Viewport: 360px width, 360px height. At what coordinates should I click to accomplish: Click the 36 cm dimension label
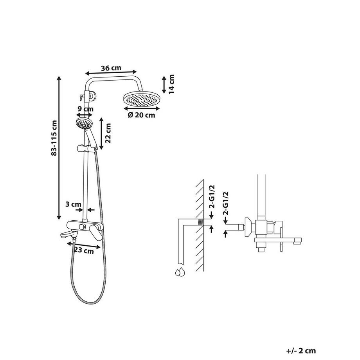coord(111,67)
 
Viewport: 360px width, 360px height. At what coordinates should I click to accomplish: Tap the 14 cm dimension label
coord(171,84)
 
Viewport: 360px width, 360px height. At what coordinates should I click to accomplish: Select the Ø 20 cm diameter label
coord(141,115)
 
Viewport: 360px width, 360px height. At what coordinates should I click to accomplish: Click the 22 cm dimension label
coord(108,133)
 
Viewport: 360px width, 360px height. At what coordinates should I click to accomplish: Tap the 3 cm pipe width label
coord(73,204)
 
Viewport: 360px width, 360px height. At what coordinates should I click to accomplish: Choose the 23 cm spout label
coord(85,251)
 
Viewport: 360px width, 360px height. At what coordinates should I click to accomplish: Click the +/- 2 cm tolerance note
coord(301,351)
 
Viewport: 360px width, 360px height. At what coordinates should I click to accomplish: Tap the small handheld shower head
coord(83,124)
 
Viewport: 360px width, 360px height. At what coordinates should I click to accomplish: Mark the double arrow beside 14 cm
coord(164,84)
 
